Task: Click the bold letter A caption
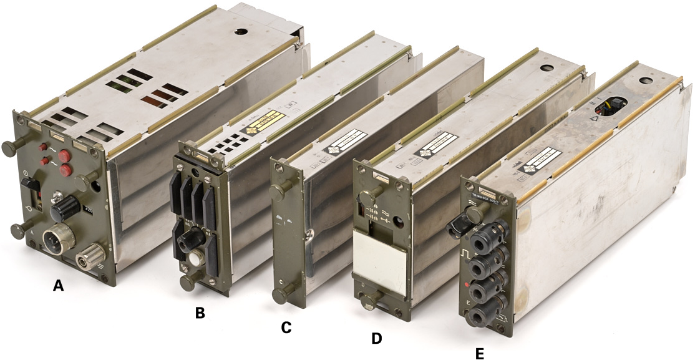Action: coord(58,286)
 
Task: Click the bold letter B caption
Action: coord(200,313)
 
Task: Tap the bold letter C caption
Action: coord(286,327)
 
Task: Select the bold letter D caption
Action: coord(376,338)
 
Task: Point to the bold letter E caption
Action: coord(479,354)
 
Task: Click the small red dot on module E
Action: coord(467,284)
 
